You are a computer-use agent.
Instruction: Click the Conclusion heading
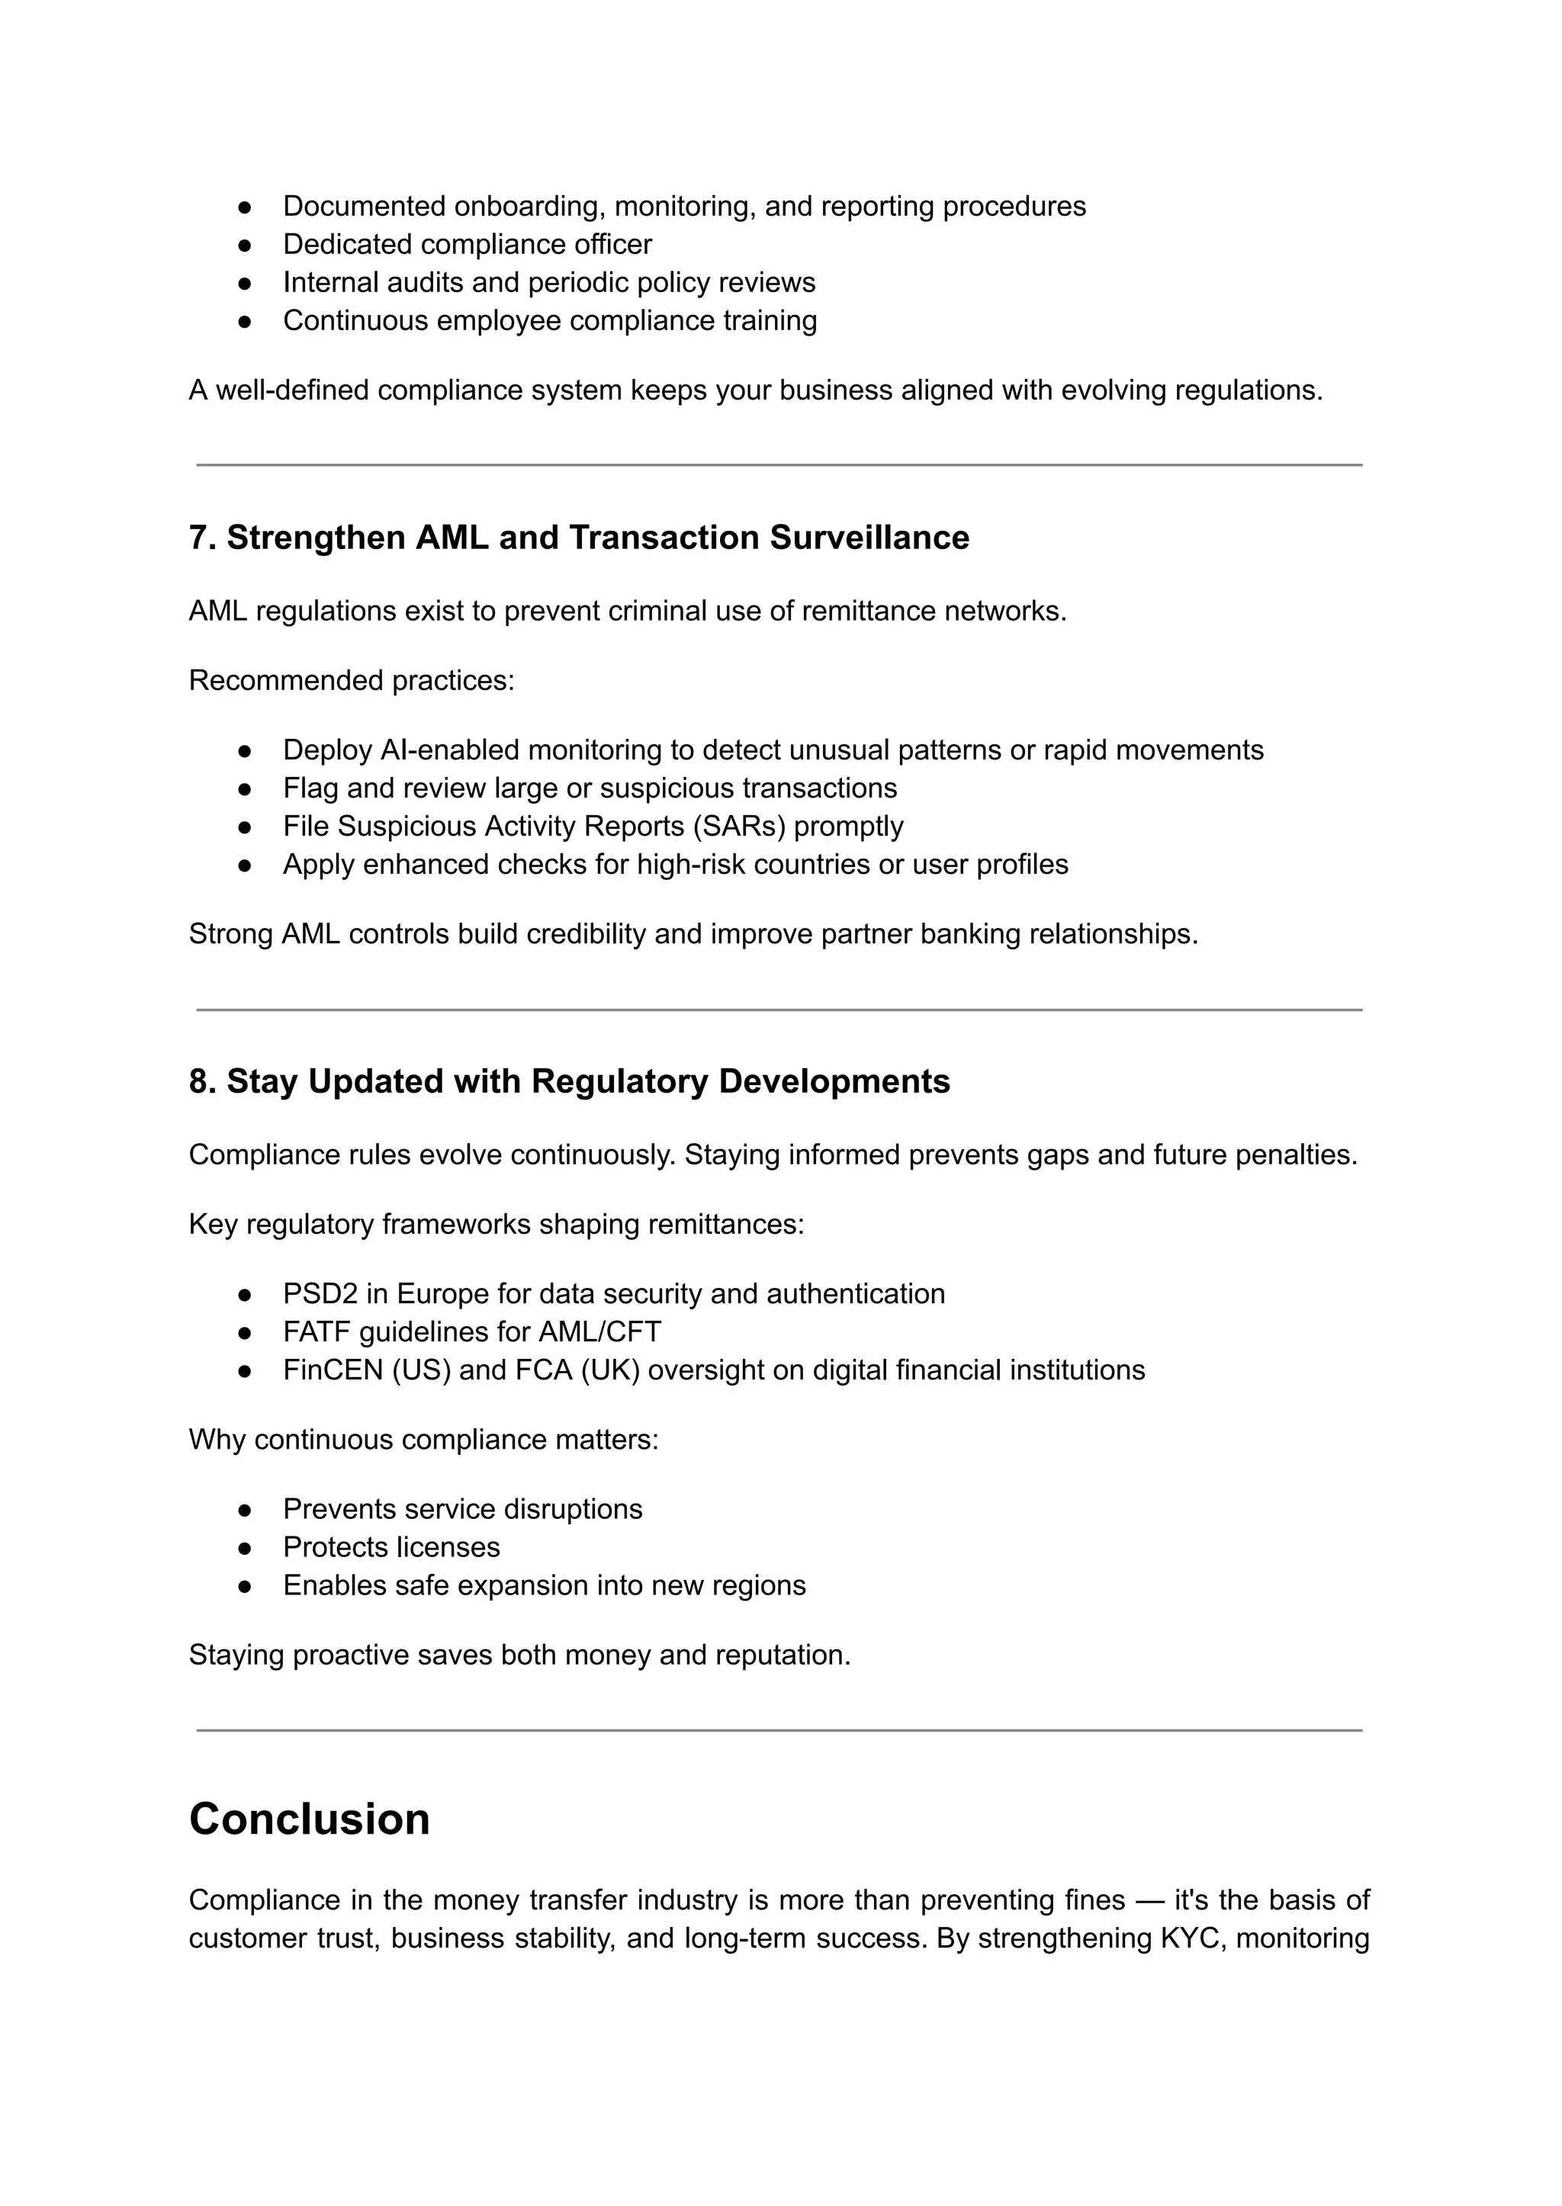coord(309,1819)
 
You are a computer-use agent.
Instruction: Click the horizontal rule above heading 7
coord(779,465)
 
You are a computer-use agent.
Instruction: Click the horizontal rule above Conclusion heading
coord(779,1730)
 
